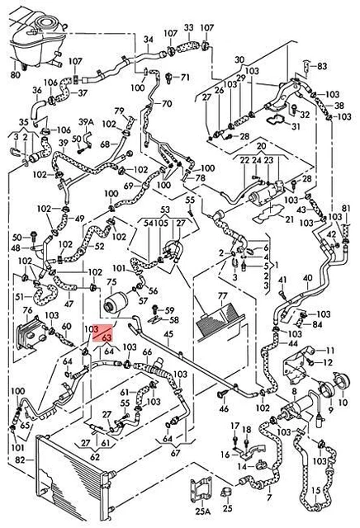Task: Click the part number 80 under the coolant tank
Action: [14, 75]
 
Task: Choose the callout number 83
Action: [322, 65]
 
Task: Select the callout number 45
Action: [167, 334]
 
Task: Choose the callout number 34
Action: [149, 40]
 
